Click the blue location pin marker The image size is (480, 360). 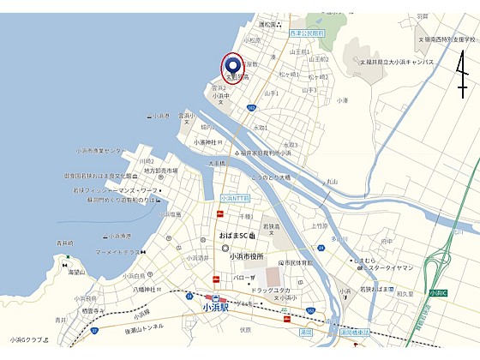click(x=233, y=64)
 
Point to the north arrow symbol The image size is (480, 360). click(x=462, y=72)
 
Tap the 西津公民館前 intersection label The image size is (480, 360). click(x=308, y=33)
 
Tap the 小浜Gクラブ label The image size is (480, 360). click(x=27, y=339)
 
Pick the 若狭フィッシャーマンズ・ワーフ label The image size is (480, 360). click(x=114, y=189)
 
